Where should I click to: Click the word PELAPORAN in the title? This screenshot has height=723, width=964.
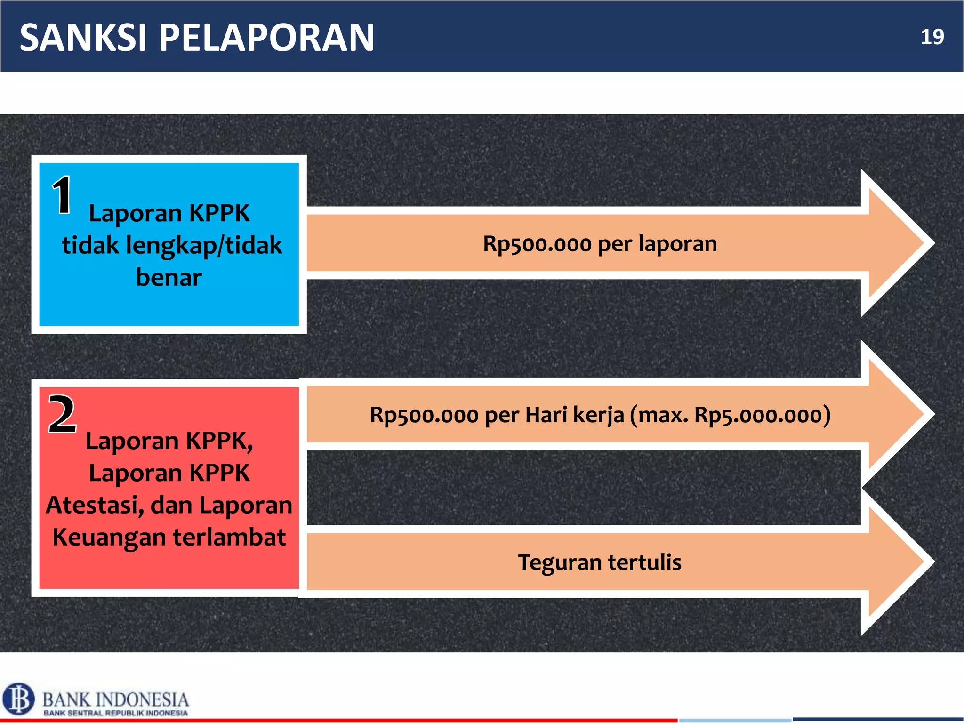point(266,38)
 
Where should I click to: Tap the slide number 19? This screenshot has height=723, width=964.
point(932,37)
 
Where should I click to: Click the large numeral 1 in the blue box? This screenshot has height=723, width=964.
point(62,194)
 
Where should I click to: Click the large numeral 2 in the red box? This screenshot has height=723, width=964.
point(62,414)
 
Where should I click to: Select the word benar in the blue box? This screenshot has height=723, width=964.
point(169,277)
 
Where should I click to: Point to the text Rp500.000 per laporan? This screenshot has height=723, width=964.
point(600,244)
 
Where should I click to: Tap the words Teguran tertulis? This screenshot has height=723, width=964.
point(600,562)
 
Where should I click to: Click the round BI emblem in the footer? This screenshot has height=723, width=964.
point(18,699)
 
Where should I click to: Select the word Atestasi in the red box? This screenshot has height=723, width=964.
point(95,505)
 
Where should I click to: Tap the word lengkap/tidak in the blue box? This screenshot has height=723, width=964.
point(204,245)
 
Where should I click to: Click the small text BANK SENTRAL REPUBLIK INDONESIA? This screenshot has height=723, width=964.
point(116,713)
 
